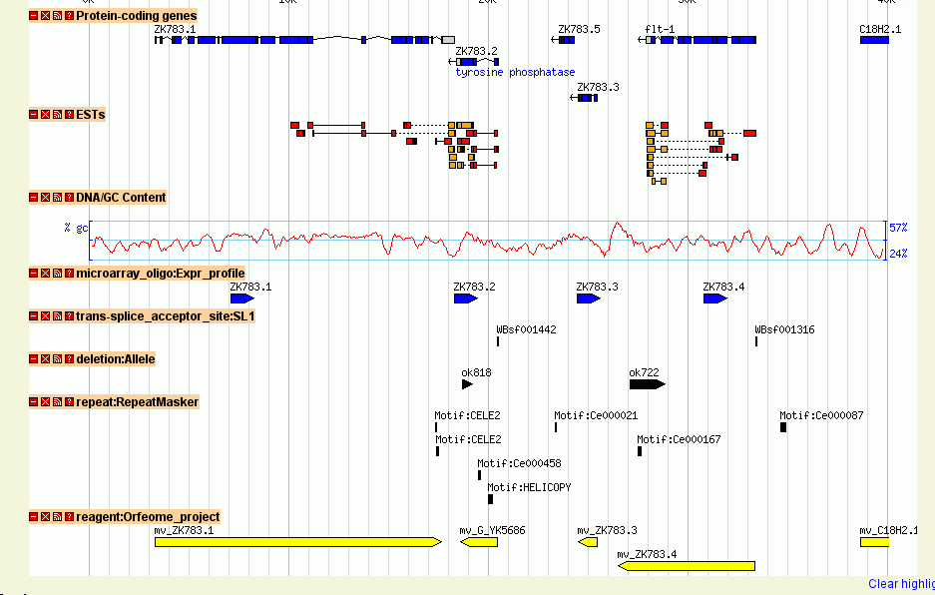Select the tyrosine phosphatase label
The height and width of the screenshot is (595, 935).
click(x=515, y=73)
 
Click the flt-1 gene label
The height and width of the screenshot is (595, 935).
click(x=660, y=29)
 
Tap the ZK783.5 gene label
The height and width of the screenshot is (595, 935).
click(x=579, y=29)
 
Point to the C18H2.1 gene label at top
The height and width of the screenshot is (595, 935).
click(x=880, y=29)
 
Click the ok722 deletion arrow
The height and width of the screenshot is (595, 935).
click(x=647, y=384)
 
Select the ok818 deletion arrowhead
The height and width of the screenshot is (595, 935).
click(x=467, y=384)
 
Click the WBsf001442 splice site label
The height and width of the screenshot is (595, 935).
click(x=526, y=329)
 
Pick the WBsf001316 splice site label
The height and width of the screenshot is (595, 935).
click(x=784, y=329)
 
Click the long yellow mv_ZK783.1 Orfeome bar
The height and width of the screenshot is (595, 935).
click(x=297, y=542)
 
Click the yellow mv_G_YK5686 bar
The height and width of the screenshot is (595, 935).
click(x=479, y=542)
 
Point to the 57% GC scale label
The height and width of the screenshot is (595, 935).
click(x=898, y=228)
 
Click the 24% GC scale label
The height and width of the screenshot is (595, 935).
click(x=898, y=254)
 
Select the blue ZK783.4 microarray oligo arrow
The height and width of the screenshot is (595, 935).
click(x=714, y=298)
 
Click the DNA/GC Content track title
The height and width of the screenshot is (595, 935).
click(x=121, y=198)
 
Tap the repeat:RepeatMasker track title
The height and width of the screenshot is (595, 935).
click(x=137, y=402)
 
